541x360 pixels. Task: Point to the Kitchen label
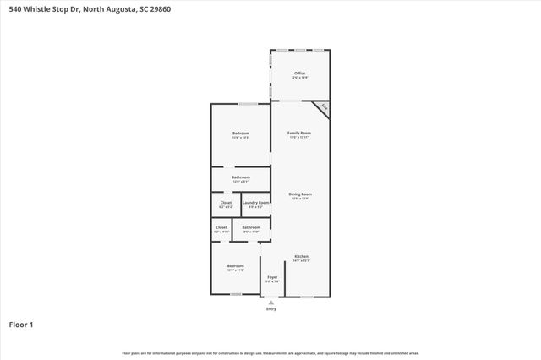[301, 258]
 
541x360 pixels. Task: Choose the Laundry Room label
[256, 204]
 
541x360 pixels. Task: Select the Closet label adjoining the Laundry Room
[226, 204]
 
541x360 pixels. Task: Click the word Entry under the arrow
[271, 309]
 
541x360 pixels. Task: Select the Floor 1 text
[21, 324]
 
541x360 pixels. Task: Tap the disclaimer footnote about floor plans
[270, 352]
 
